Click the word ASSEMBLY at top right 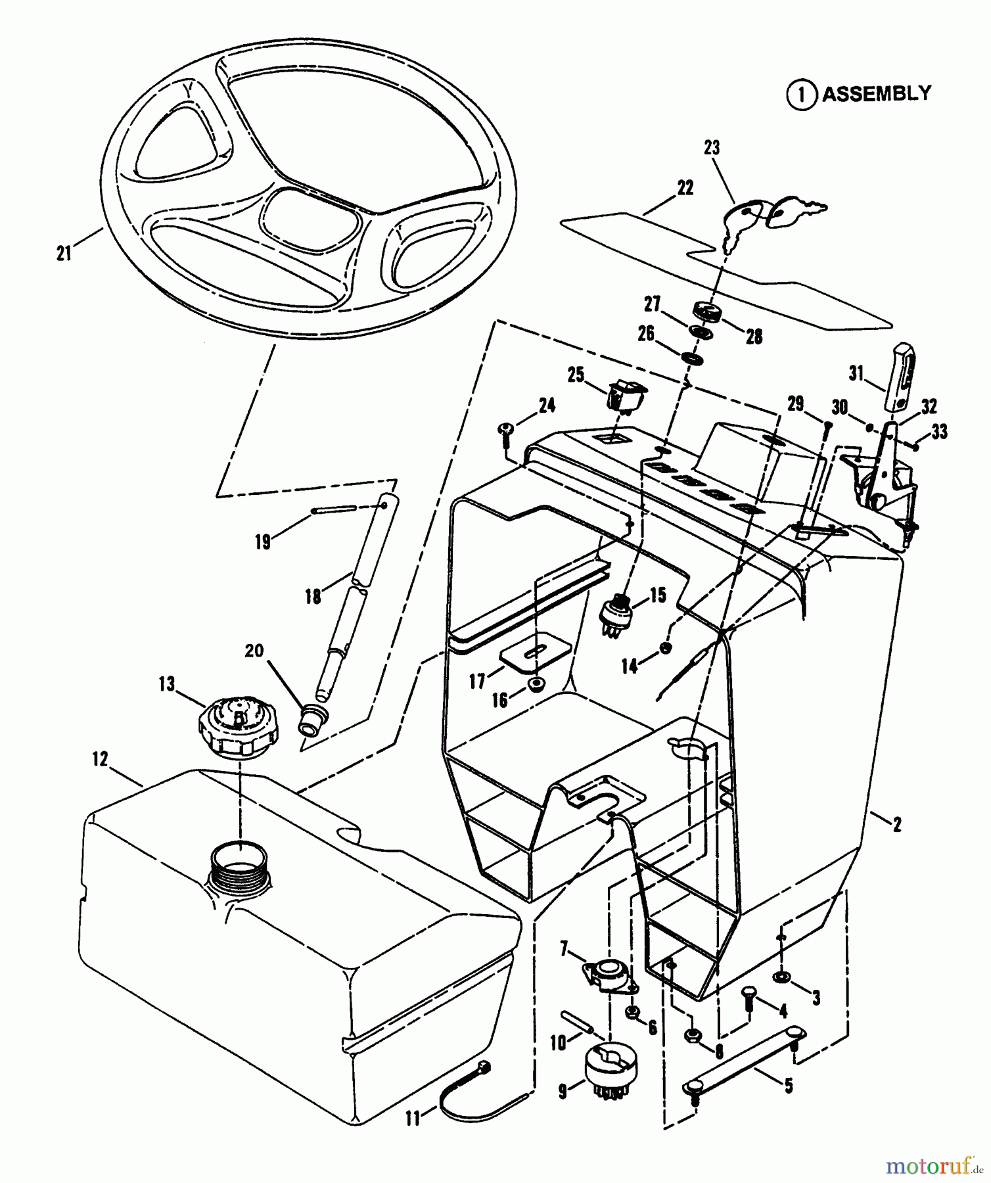tap(876, 94)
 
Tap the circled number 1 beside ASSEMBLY tap(801, 95)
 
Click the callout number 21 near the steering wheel tap(64, 253)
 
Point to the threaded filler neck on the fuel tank tap(239, 864)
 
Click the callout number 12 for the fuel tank tap(99, 759)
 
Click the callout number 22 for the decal tap(685, 188)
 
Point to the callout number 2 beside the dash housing tap(897, 823)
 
